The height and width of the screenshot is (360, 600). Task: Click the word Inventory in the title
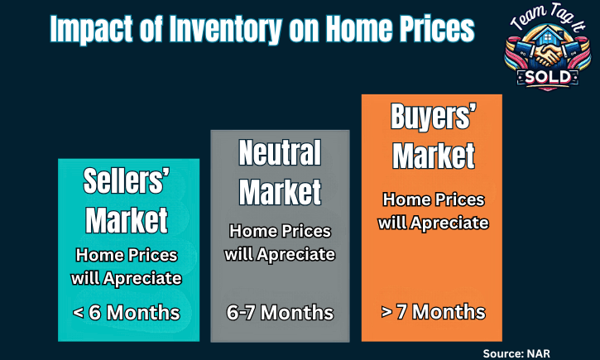tap(226, 30)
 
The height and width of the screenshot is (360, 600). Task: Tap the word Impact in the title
tap(92, 30)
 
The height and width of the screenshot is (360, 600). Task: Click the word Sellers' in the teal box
tap(127, 180)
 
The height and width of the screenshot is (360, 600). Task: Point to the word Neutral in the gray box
tap(280, 152)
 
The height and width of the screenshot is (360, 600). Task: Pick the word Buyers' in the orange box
tap(434, 117)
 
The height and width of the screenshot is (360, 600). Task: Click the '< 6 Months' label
tap(127, 313)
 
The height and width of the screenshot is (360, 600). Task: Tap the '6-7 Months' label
tap(280, 313)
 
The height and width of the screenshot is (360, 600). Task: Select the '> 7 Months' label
tap(433, 312)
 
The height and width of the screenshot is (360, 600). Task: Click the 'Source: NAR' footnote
tap(516, 353)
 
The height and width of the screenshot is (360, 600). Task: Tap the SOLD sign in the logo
tap(548, 78)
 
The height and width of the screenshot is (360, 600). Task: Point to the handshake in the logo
tap(548, 54)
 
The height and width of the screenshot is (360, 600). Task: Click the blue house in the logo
tap(548, 36)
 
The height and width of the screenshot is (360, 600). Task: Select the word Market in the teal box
tap(127, 220)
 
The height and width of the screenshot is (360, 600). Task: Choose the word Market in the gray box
tap(280, 192)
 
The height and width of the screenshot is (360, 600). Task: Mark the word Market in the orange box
tap(434, 156)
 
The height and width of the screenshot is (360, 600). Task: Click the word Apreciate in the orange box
tap(449, 223)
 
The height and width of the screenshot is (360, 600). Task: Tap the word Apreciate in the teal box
tap(142, 279)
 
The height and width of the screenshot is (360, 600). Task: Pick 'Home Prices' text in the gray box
tap(280, 231)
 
